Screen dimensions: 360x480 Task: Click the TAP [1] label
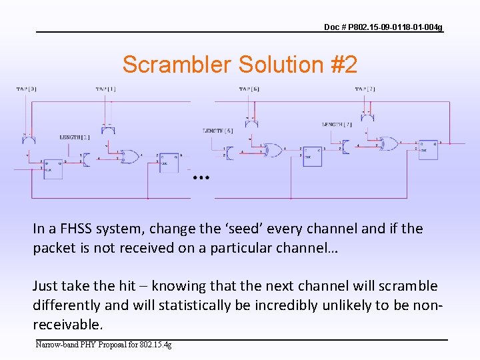click(105, 89)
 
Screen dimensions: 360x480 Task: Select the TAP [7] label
click(365, 89)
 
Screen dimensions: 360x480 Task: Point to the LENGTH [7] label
click(338, 125)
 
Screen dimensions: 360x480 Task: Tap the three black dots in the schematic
click(201, 178)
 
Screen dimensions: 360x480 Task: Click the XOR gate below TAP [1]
click(131, 157)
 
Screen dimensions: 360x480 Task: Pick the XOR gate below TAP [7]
click(389, 143)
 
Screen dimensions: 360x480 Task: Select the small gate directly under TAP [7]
click(367, 117)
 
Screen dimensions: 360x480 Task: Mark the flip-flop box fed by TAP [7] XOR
click(427, 150)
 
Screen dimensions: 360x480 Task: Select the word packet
click(55, 248)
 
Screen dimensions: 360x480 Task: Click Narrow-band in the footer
click(56, 345)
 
